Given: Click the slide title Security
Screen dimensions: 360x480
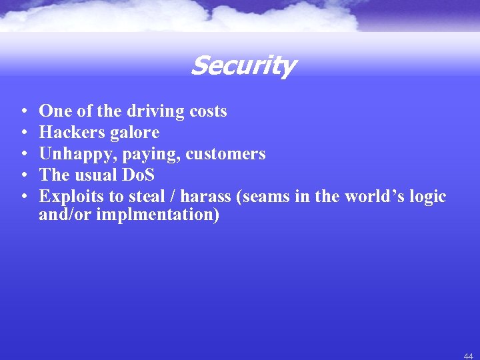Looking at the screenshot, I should pos(243,66).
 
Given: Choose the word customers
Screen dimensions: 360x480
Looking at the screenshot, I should pos(225,154).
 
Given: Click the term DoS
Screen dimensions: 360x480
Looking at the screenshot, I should pos(139,175).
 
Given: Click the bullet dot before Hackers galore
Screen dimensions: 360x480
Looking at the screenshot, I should pos(23,133).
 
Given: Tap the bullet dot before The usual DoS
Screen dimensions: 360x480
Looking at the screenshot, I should pos(23,176).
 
